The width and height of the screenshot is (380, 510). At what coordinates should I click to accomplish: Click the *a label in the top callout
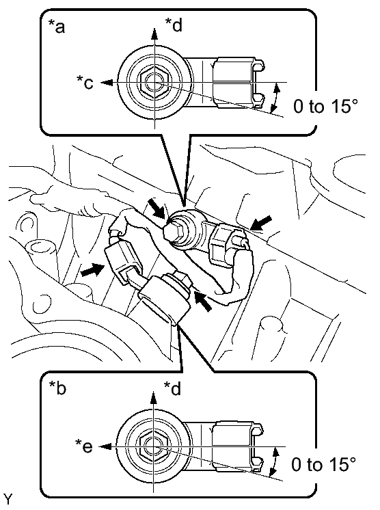pyautogui.click(x=57, y=27)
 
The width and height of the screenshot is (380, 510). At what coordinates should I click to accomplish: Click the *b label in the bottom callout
pyautogui.click(x=57, y=388)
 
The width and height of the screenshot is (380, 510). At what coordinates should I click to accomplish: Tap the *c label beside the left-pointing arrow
pyautogui.click(x=85, y=82)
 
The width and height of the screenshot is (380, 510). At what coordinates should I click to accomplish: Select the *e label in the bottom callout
pyautogui.click(x=84, y=446)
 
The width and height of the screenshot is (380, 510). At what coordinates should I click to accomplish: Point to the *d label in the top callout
pyautogui.click(x=174, y=25)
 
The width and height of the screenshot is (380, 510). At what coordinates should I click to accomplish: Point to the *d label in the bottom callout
pyautogui.click(x=173, y=388)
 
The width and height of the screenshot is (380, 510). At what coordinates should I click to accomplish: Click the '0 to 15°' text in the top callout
pyautogui.click(x=325, y=107)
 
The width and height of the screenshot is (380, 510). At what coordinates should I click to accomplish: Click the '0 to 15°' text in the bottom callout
pyautogui.click(x=323, y=464)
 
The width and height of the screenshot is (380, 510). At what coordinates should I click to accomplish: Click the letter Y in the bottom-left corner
pyautogui.click(x=8, y=498)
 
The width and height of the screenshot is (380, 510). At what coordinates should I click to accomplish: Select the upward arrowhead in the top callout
pyautogui.click(x=154, y=33)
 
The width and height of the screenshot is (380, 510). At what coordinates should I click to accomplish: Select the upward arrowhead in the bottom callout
pyautogui.click(x=153, y=398)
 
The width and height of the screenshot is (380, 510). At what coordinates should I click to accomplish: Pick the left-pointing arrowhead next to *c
pyautogui.click(x=107, y=83)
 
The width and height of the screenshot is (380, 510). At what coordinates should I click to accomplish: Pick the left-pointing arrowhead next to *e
pyautogui.click(x=105, y=447)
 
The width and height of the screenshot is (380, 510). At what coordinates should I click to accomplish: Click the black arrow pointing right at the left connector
pyautogui.click(x=92, y=269)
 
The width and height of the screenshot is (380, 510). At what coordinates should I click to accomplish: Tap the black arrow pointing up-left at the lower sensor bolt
pyautogui.click(x=203, y=300)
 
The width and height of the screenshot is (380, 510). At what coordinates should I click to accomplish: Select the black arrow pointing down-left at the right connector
pyautogui.click(x=261, y=224)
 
